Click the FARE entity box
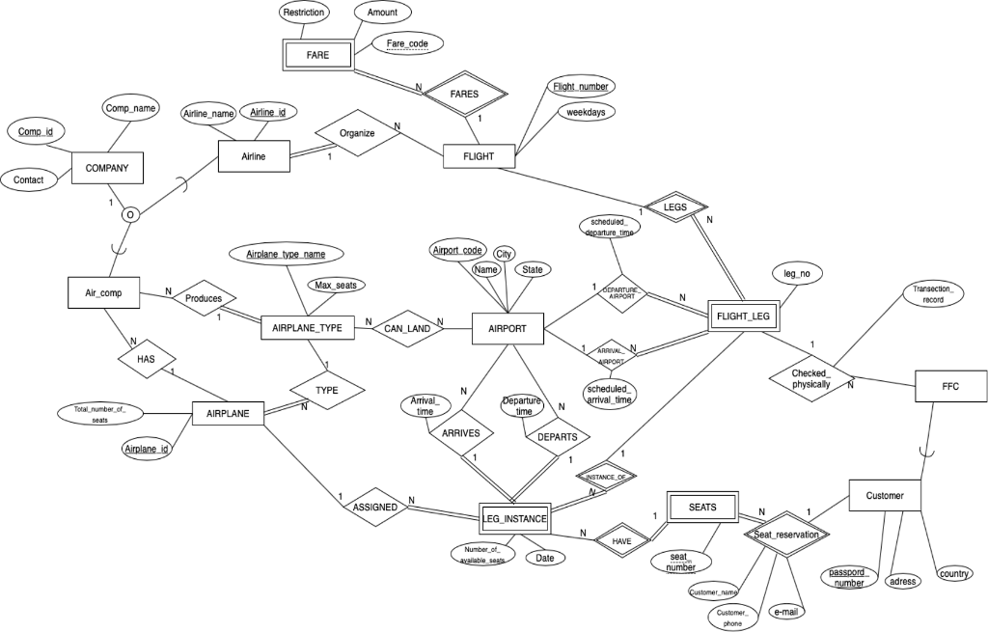[317, 55]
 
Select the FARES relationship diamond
[465, 94]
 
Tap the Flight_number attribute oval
[580, 87]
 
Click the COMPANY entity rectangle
[107, 168]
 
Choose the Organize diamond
[356, 134]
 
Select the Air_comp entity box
[105, 292]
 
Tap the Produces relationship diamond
[204, 299]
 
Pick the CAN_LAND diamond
[406, 328]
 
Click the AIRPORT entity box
[508, 329]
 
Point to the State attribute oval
[533, 271]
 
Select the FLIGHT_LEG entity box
[745, 316]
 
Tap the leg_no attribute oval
[797, 275]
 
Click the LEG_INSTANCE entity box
[514, 519]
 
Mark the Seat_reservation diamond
[785, 534]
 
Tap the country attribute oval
[953, 574]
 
